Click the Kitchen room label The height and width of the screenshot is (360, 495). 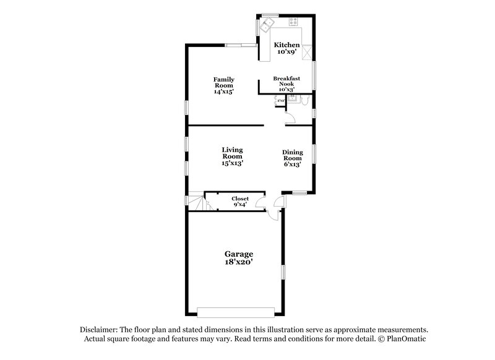click(287, 45)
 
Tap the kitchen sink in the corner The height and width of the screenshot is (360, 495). click(267, 25)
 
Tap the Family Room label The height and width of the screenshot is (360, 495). click(223, 82)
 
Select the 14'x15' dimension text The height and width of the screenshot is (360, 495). click(223, 92)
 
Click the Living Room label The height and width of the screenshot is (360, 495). click(233, 153)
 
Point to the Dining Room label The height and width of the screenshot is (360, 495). click(292, 155)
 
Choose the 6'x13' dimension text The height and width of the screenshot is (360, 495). click(292, 165)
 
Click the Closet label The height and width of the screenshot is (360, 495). click(240, 199)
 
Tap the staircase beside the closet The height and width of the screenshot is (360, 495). click(197, 202)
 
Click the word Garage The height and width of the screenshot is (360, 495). click(238, 254)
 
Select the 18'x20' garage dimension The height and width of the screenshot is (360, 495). click(238, 263)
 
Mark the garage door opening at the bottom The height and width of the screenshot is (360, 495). click(237, 311)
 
